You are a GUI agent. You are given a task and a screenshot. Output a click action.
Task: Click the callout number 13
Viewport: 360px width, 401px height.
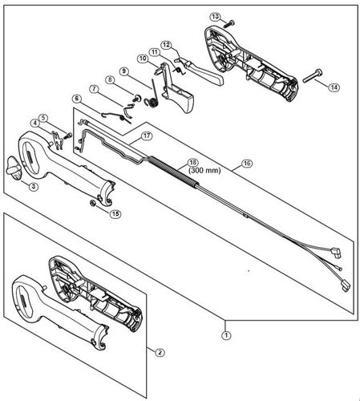pyautogui.click(x=215, y=16)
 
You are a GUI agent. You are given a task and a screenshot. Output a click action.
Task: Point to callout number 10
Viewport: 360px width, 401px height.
pyautogui.click(x=142, y=59)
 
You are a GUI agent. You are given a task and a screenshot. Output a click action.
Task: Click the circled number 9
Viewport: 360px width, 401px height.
pyautogui.click(x=124, y=71)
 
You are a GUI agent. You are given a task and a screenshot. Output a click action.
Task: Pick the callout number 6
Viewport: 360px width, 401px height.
pyautogui.click(x=77, y=98)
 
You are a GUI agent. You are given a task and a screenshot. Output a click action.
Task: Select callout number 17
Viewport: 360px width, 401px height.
pyautogui.click(x=147, y=137)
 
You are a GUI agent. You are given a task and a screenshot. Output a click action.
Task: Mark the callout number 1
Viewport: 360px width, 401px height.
pyautogui.click(x=227, y=334)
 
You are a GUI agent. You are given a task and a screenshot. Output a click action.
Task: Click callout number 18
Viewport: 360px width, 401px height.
pyautogui.click(x=192, y=161)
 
